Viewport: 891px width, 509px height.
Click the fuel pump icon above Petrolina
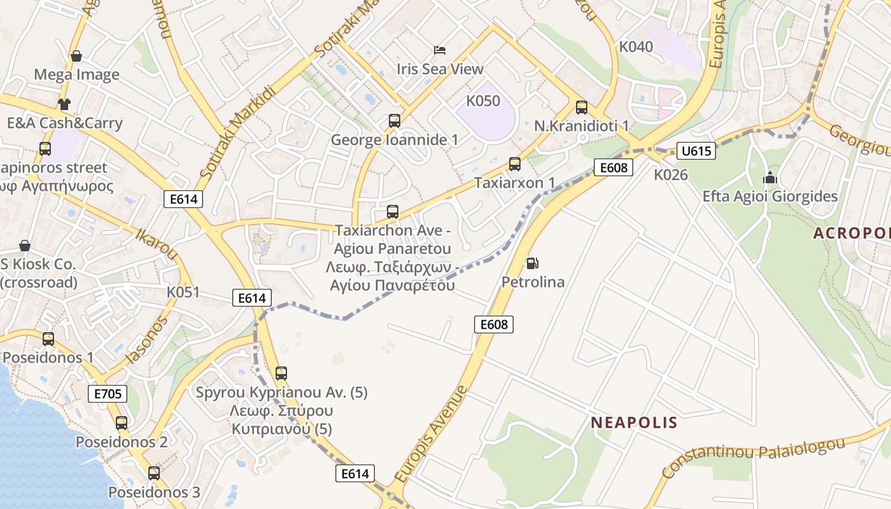pos(531,263)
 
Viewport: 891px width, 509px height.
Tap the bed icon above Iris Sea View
pos(440,50)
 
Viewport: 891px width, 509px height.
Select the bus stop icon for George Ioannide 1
pos(394,120)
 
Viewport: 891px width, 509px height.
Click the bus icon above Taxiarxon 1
pos(514,164)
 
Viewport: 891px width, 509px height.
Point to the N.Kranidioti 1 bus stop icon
pos(581,107)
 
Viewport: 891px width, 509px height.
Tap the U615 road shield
pos(696,151)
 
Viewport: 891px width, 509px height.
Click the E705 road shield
pos(108,393)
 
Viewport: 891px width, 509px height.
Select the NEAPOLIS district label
pos(634,422)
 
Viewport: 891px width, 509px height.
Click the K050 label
pos(483,101)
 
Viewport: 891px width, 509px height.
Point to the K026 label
pos(671,174)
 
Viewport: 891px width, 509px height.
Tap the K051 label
pos(183,293)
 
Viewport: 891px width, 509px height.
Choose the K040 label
pos(636,46)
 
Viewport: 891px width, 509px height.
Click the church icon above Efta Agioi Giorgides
pos(770,178)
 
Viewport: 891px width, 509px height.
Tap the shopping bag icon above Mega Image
pos(76,56)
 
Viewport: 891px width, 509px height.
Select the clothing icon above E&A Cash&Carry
pos(64,104)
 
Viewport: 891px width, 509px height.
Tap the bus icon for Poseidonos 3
pos(153,473)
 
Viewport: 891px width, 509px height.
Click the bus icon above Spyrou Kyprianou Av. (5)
pos(281,373)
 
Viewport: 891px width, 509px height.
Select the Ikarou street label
pos(156,242)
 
